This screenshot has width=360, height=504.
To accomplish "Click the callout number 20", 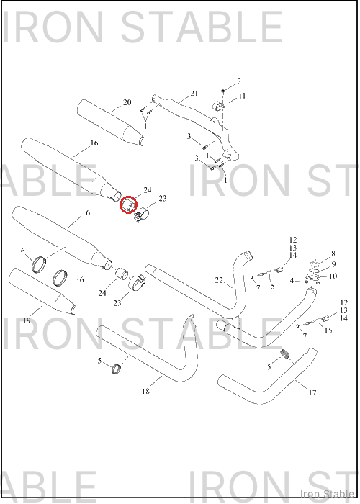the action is (127, 102).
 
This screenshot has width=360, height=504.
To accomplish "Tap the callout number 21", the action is (194, 94).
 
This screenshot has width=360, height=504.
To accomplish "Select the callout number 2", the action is (239, 81).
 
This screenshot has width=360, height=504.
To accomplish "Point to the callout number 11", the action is (242, 96).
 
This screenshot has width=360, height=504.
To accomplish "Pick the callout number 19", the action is (27, 320).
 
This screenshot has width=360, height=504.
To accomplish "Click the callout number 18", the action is (145, 391).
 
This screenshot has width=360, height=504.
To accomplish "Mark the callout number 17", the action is (312, 392).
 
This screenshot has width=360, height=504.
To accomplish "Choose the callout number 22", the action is (219, 280).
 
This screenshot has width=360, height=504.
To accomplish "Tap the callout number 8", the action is (333, 253).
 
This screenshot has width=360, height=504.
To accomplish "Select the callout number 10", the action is (333, 276).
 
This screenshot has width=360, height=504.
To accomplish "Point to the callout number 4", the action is (292, 281).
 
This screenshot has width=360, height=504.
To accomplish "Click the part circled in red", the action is (128, 204).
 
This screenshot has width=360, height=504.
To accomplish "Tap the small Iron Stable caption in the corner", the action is (327, 494).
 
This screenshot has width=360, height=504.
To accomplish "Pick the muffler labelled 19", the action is (42, 292).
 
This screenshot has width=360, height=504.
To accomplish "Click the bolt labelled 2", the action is (222, 92).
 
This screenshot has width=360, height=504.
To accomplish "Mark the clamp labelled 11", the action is (219, 105).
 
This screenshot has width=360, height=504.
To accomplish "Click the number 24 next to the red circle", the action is (148, 190).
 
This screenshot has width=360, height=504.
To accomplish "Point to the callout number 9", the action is (333, 264).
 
